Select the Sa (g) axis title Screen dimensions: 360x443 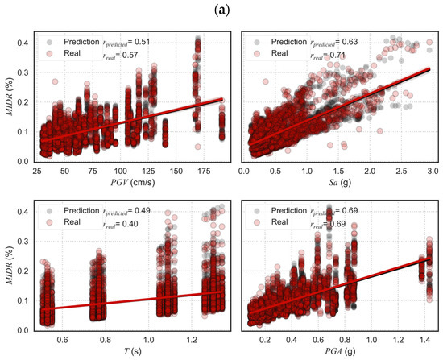[x=338, y=183]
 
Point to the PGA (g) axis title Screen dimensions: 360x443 [x=338, y=352]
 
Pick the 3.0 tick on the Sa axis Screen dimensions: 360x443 [x=432, y=171]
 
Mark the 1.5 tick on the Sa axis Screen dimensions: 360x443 [x=338, y=171]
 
